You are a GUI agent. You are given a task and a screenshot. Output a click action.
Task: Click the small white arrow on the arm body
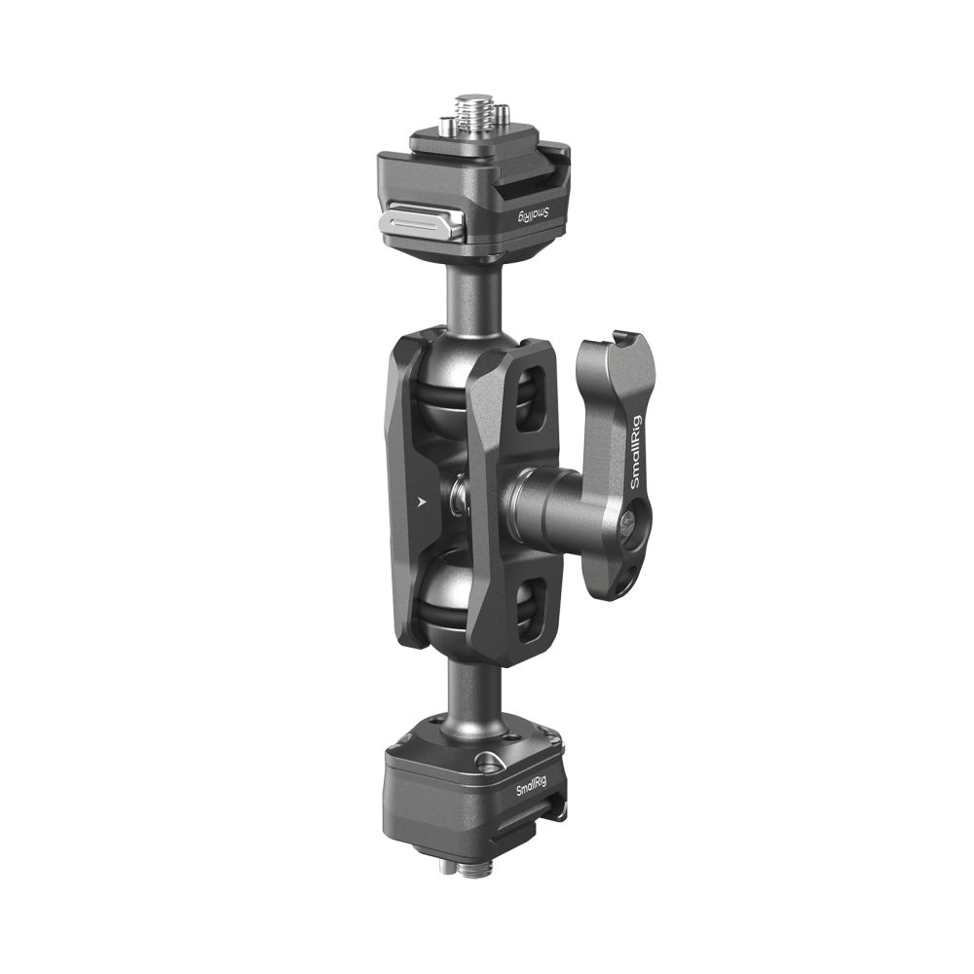[422, 504]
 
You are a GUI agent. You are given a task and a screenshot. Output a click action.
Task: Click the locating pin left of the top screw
[446, 126]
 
